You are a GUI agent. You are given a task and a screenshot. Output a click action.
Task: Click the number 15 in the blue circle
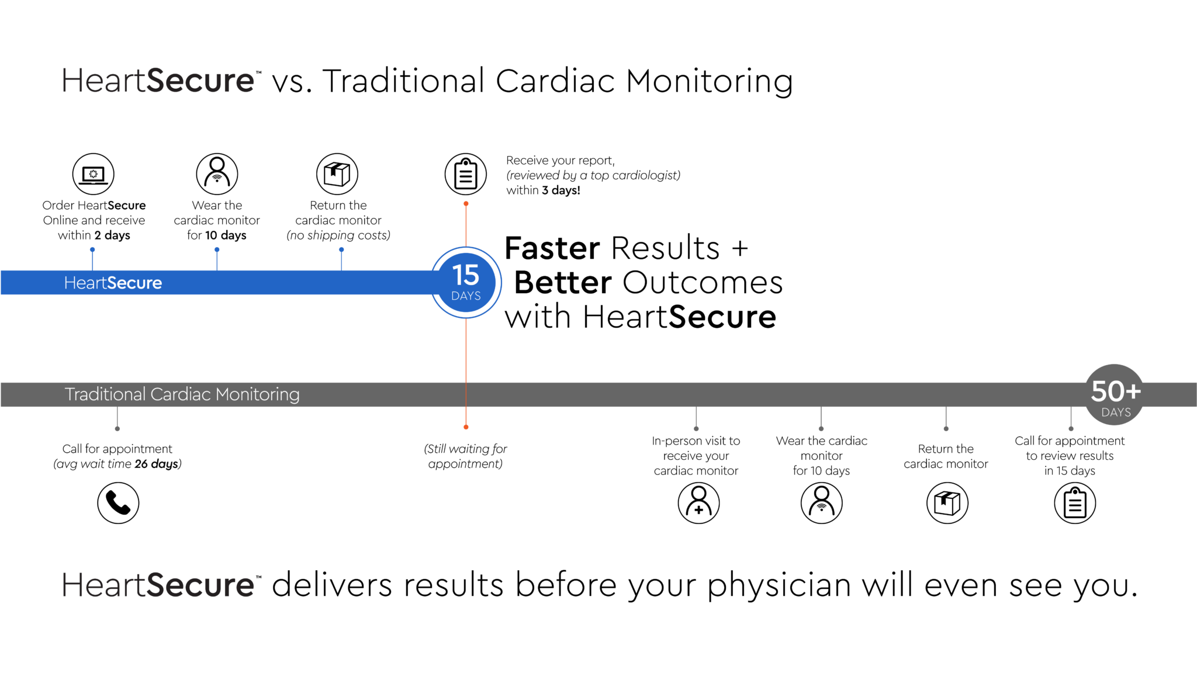pyautogui.click(x=466, y=275)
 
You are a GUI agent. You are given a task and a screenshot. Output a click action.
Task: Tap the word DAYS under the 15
pyautogui.click(x=466, y=296)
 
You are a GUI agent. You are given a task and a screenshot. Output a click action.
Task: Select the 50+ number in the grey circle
pyautogui.click(x=1116, y=391)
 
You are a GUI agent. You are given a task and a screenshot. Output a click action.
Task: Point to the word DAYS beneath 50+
pyautogui.click(x=1116, y=412)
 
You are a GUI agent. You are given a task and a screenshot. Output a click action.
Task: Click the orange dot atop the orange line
pyautogui.click(x=466, y=204)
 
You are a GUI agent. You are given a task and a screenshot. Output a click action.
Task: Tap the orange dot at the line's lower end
pyautogui.click(x=466, y=428)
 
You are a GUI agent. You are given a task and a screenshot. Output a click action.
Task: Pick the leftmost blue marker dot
pyautogui.click(x=92, y=249)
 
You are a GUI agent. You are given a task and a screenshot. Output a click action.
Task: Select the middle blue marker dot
pyautogui.click(x=217, y=249)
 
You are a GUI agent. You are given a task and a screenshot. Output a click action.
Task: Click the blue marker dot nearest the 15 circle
pyautogui.click(x=341, y=249)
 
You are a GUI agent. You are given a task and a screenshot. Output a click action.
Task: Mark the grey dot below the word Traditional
pyautogui.click(x=117, y=429)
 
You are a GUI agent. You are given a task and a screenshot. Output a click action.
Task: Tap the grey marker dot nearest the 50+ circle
pyautogui.click(x=1071, y=429)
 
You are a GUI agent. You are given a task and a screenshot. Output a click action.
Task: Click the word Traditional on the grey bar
pyautogui.click(x=105, y=394)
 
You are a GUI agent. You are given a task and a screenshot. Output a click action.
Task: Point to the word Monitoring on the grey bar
pyautogui.click(x=258, y=394)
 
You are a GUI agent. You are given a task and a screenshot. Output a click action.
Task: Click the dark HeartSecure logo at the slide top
pyautogui.click(x=158, y=81)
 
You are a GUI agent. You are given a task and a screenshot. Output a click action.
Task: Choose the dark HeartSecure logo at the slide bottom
pyautogui.click(x=158, y=585)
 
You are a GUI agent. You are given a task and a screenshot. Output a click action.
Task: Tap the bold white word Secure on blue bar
pyautogui.click(x=134, y=283)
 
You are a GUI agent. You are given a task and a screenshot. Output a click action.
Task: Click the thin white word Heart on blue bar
pyautogui.click(x=85, y=283)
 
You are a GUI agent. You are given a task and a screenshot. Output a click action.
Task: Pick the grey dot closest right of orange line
pyautogui.click(x=696, y=429)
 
